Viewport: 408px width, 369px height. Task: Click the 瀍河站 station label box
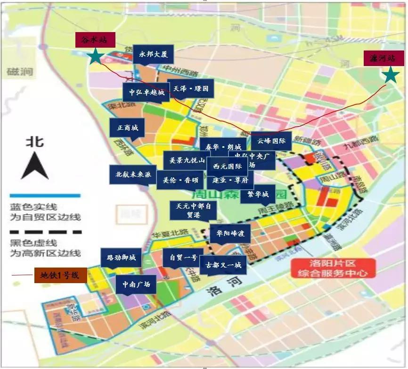pyautogui.click(x=384, y=58)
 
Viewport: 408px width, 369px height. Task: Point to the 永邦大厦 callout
pyautogui.click(x=153, y=54)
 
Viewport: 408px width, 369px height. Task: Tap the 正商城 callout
pyautogui.click(x=128, y=128)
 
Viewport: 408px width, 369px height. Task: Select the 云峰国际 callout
pyautogui.click(x=271, y=141)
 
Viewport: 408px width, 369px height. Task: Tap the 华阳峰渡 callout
pyautogui.click(x=230, y=233)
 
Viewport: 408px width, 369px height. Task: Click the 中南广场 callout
pyautogui.click(x=136, y=285)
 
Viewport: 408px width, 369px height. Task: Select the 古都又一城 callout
pyautogui.click(x=223, y=265)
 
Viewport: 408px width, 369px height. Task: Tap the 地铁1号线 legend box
pyautogui.click(x=60, y=275)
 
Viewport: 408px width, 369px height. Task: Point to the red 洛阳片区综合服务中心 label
pyautogui.click(x=333, y=268)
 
